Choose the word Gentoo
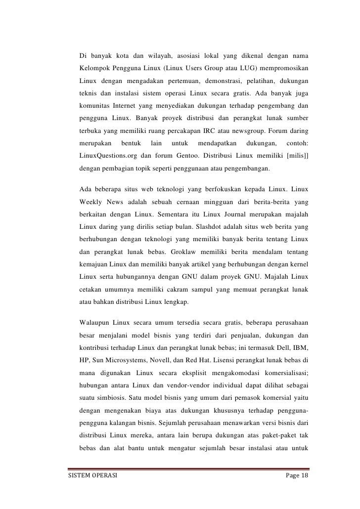[182, 157]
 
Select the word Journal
[224, 216]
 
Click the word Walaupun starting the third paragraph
[95, 324]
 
